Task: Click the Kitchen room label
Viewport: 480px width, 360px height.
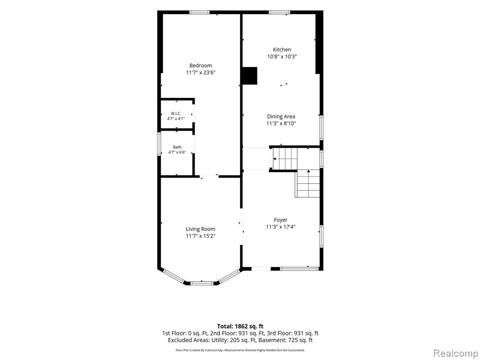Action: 282,50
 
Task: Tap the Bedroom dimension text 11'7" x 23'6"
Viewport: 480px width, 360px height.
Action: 201,73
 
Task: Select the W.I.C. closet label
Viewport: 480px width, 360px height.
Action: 176,113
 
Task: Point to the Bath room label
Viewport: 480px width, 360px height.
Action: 177,147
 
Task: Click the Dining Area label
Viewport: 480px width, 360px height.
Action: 281,116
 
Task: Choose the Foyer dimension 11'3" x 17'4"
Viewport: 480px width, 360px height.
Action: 281,227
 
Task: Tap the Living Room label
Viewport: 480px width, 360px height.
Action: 201,229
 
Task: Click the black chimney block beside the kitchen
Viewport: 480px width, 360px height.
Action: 249,75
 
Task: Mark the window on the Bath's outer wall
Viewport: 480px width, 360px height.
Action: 159,144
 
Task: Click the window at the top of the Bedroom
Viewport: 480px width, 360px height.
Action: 199,13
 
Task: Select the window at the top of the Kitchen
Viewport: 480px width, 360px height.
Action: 279,13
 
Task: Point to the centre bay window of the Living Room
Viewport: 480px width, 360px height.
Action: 202,283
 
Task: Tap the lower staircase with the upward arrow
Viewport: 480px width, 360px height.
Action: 307,184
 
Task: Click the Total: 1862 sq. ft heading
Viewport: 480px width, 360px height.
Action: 240,326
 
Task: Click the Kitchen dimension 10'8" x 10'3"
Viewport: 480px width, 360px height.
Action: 282,57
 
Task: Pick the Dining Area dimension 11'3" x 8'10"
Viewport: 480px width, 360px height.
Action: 281,124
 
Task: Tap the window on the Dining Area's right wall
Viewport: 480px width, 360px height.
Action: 322,127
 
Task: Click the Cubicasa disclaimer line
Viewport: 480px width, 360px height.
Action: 240,350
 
